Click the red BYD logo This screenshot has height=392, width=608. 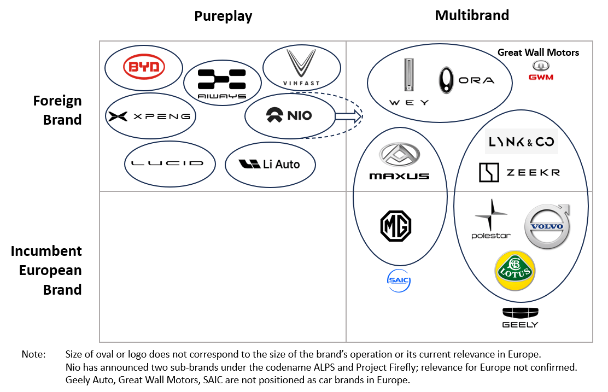click(x=144, y=67)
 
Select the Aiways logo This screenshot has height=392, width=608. click(x=221, y=82)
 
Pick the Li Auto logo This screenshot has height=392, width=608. click(x=270, y=163)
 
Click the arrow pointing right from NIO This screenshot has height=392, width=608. click(x=348, y=116)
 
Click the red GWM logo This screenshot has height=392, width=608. click(x=540, y=70)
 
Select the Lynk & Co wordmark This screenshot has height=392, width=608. click(x=521, y=142)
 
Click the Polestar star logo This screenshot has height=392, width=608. click(x=491, y=219)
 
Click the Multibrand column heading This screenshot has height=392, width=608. click(x=472, y=15)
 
